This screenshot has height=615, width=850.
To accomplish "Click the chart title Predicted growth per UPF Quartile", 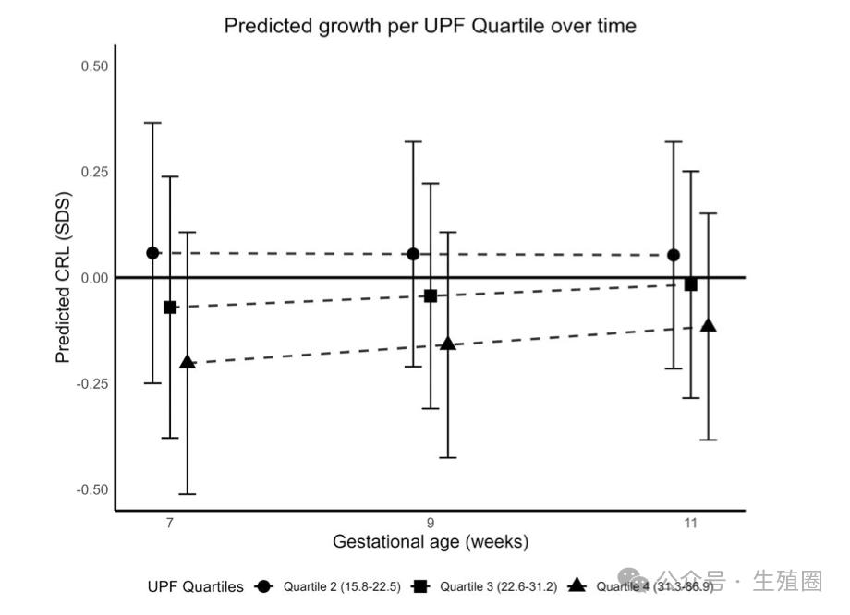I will click(x=430, y=26).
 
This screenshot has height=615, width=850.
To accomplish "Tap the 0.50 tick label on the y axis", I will click(x=94, y=66).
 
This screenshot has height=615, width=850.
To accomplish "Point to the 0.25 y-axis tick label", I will click(x=94, y=172).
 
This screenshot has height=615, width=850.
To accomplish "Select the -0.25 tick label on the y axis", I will click(x=92, y=383).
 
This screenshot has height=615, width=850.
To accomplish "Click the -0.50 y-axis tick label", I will click(x=92, y=489).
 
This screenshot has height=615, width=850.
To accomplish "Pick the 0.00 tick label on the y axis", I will click(x=94, y=278).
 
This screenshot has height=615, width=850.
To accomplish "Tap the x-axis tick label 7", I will click(x=170, y=524).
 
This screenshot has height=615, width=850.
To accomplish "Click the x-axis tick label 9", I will click(x=431, y=524).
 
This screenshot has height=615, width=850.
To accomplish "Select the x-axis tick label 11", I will click(x=690, y=524).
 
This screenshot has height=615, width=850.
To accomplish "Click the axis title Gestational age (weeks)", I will click(x=431, y=542).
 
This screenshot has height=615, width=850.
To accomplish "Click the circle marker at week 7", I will click(x=152, y=253).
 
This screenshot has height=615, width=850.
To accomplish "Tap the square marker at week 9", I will click(x=431, y=295).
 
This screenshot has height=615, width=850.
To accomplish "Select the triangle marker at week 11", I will click(x=709, y=326).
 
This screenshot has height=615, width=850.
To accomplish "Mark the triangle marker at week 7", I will click(x=188, y=362).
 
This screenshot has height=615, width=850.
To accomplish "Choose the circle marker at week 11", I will click(x=674, y=255).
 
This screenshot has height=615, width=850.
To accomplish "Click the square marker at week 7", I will click(x=170, y=307).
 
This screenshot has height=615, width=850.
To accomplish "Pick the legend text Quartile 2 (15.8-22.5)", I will click(x=342, y=586).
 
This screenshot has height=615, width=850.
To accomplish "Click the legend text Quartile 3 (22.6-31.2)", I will click(x=498, y=586).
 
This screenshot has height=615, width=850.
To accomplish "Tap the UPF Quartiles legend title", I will click(x=195, y=586).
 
